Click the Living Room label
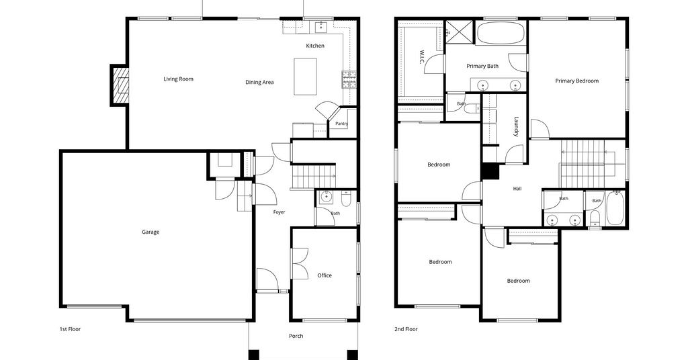178,79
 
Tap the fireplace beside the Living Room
120,85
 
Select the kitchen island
306,77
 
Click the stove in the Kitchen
349,80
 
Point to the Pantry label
341,124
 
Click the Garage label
150,232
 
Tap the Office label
325,275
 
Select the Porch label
296,336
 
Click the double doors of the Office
299,263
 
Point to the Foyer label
279,212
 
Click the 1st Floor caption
70,329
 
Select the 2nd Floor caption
406,329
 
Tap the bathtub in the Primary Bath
501,32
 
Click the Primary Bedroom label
576,81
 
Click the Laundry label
516,126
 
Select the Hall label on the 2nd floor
517,189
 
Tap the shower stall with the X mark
460,32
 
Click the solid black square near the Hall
490,171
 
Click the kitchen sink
322,26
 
